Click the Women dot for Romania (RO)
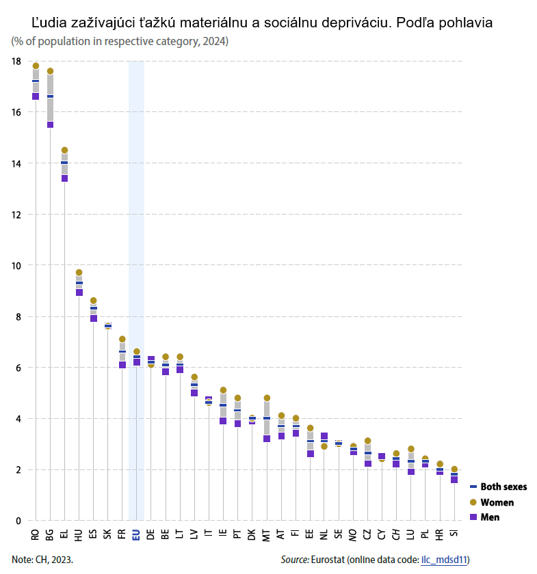tap(36, 66)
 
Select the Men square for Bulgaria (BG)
tap(50, 124)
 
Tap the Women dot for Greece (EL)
tap(64, 150)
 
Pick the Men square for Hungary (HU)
tap(79, 292)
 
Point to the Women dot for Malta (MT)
tap(267, 398)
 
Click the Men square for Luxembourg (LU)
tap(411, 471)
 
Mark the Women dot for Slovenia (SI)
tap(454, 469)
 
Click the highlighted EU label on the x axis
tap(136, 535)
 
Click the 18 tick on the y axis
tap(16, 61)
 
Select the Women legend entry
tap(497, 502)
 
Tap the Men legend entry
tap(490, 517)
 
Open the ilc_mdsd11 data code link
tap(443, 560)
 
